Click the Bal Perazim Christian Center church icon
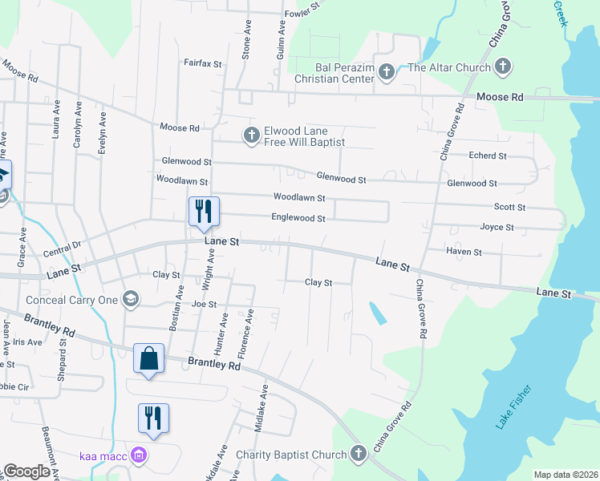pyautogui.click(x=386, y=73)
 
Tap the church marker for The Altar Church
pyautogui.click(x=503, y=67)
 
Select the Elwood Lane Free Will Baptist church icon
pyautogui.click(x=251, y=136)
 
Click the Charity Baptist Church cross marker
pyautogui.click(x=359, y=455)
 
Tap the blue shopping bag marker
pyautogui.click(x=149, y=358)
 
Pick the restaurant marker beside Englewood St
pyautogui.click(x=203, y=211)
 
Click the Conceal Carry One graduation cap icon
pyautogui.click(x=131, y=301)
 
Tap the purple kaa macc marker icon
pyautogui.click(x=138, y=456)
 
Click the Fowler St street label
pyautogui.click(x=302, y=13)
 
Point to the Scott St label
pyautogui.click(x=509, y=207)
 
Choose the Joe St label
pyautogui.click(x=205, y=304)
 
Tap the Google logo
pyautogui.click(x=26, y=471)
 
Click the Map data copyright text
pyautogui.click(x=565, y=475)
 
